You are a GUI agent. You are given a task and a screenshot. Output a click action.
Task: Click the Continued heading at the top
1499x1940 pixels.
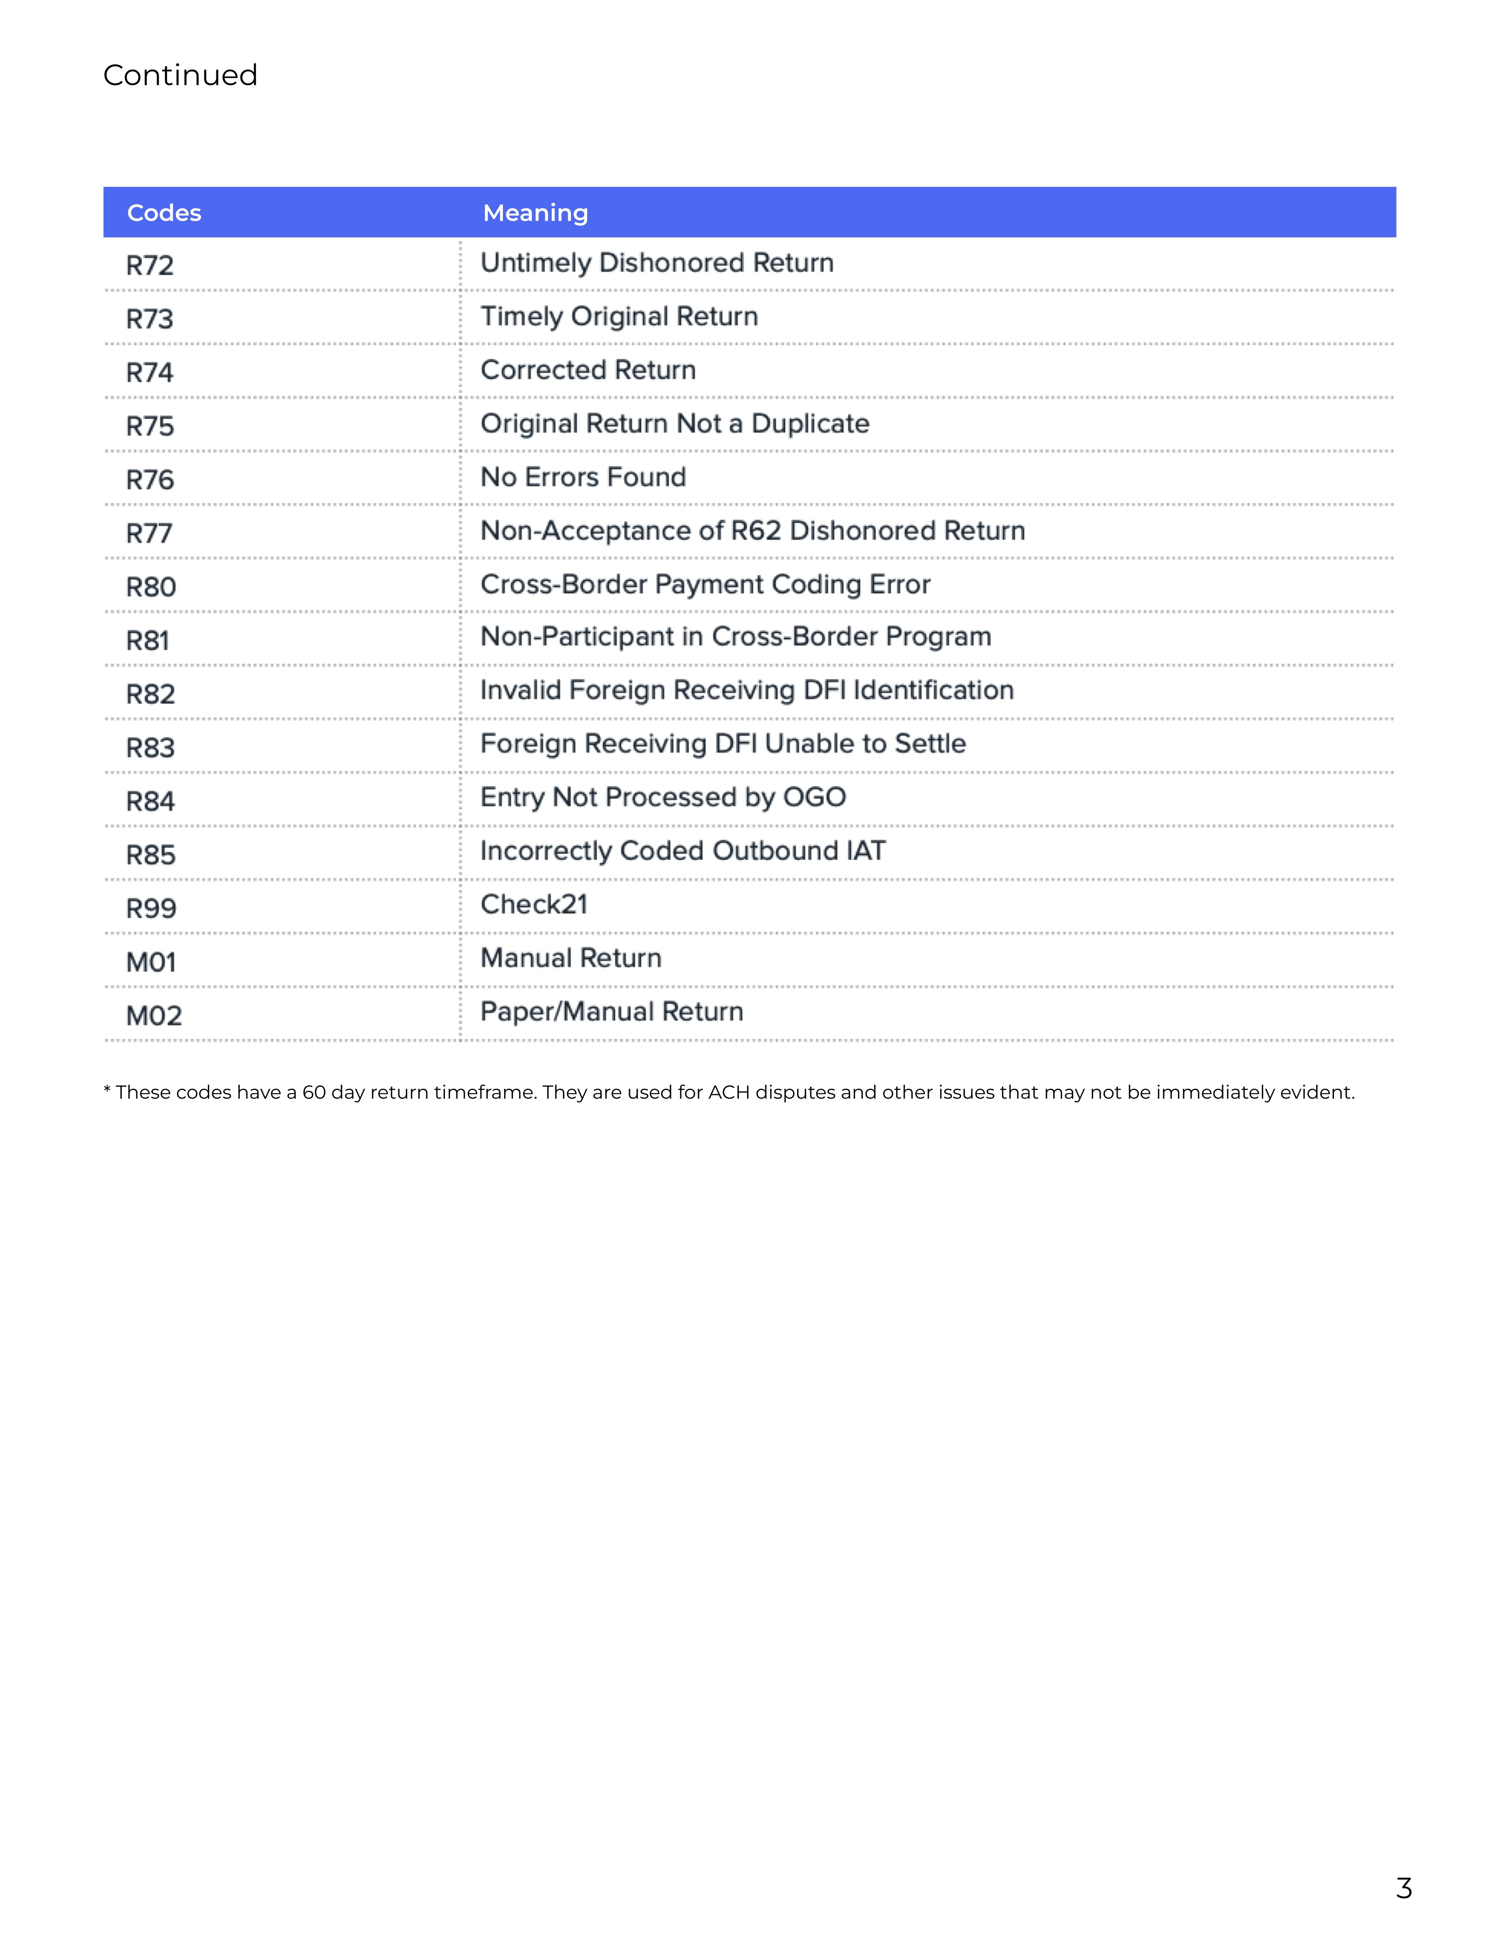click(180, 75)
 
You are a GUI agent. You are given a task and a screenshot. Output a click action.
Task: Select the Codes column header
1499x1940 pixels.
click(164, 213)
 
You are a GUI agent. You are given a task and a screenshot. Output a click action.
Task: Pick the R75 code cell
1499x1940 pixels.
click(150, 426)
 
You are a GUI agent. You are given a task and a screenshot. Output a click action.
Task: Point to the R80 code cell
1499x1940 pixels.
click(151, 587)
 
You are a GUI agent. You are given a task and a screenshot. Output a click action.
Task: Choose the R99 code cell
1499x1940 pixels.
click(151, 909)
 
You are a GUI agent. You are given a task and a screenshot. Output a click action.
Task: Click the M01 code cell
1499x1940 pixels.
click(151, 962)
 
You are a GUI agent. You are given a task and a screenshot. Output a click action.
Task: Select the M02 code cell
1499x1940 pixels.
click(154, 1016)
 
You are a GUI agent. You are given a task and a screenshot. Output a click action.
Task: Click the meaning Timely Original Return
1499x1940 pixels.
click(619, 317)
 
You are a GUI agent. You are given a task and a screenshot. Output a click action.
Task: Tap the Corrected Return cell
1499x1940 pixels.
click(588, 370)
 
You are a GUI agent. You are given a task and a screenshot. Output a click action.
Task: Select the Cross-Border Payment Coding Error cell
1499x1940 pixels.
click(706, 585)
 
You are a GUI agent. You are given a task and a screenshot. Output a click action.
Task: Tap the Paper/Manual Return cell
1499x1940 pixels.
click(611, 1012)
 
